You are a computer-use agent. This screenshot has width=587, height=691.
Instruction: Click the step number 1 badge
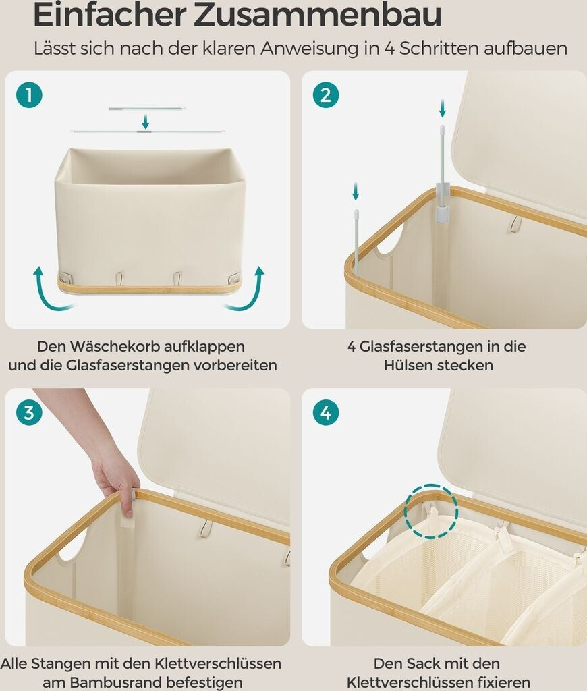pos(29,95)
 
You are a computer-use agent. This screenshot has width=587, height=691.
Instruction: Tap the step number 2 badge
pos(326,95)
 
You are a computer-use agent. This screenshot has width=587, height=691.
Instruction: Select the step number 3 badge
pos(29,413)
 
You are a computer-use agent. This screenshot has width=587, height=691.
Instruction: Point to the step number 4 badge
pos(326,413)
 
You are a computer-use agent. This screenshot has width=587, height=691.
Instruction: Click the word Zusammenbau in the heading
pos(317,15)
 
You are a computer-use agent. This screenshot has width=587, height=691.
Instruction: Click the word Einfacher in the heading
pos(109,15)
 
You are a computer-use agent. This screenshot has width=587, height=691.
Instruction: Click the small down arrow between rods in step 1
pos(146,121)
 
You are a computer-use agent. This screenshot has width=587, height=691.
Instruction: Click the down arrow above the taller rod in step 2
pos(443,109)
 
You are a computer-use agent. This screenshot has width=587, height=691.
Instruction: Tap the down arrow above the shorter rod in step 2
pos(356,191)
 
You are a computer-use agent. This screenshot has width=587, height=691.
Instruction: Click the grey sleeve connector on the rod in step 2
pos(442,202)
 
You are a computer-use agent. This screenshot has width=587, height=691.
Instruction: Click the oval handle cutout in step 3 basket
pos(71,547)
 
